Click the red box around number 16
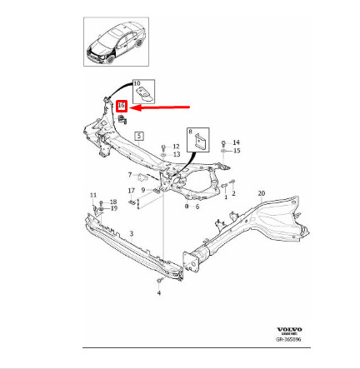tap(122, 107)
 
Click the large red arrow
tap(162, 106)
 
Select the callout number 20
tap(261, 193)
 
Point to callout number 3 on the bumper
tap(131, 235)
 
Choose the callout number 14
tap(236, 142)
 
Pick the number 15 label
tap(237, 151)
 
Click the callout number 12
tap(176, 146)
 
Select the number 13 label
tap(176, 154)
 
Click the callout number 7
tap(130, 175)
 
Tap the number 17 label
tap(132, 191)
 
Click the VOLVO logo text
tap(289, 331)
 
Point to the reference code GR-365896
tap(289, 339)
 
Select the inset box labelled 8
tap(201, 139)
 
